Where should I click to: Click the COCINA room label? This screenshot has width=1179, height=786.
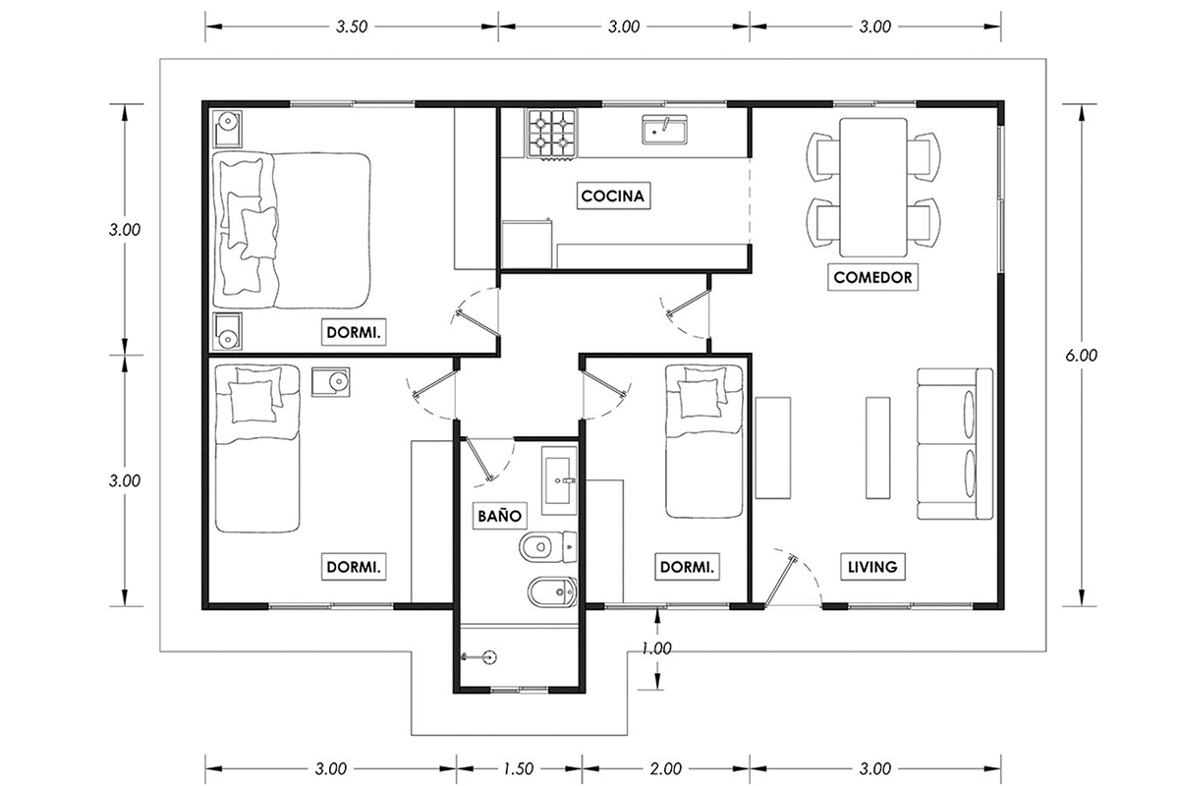coord(613,196)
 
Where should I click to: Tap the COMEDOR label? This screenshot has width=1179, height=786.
coord(872,277)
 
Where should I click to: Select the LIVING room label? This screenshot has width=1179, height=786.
coord(872,567)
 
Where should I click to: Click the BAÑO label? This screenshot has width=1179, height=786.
coord(499,516)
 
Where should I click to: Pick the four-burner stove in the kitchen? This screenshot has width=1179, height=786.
coord(551,134)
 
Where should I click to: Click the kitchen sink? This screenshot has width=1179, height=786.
coord(664,130)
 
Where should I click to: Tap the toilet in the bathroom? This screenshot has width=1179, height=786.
coord(547,547)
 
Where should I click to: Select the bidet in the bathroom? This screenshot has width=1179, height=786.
coord(552,592)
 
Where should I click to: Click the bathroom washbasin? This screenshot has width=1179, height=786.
coord(559,480)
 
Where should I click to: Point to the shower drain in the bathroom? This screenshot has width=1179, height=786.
coord(489,656)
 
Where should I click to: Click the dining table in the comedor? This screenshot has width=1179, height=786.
coord(873,187)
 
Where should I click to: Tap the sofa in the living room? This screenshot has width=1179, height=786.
coord(955,444)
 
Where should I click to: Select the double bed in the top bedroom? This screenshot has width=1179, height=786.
coord(291,230)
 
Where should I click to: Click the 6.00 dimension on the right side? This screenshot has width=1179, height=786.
coord(1081,356)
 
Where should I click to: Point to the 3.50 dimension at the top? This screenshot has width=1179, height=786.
coord(352,27)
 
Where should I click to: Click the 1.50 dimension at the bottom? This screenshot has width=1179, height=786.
coord(519,769)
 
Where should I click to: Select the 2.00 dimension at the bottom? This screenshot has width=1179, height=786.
coord(666,769)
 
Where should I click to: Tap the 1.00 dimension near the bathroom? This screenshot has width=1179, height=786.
coord(657,648)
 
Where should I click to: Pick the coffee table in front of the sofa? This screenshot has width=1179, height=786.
coord(878,447)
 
